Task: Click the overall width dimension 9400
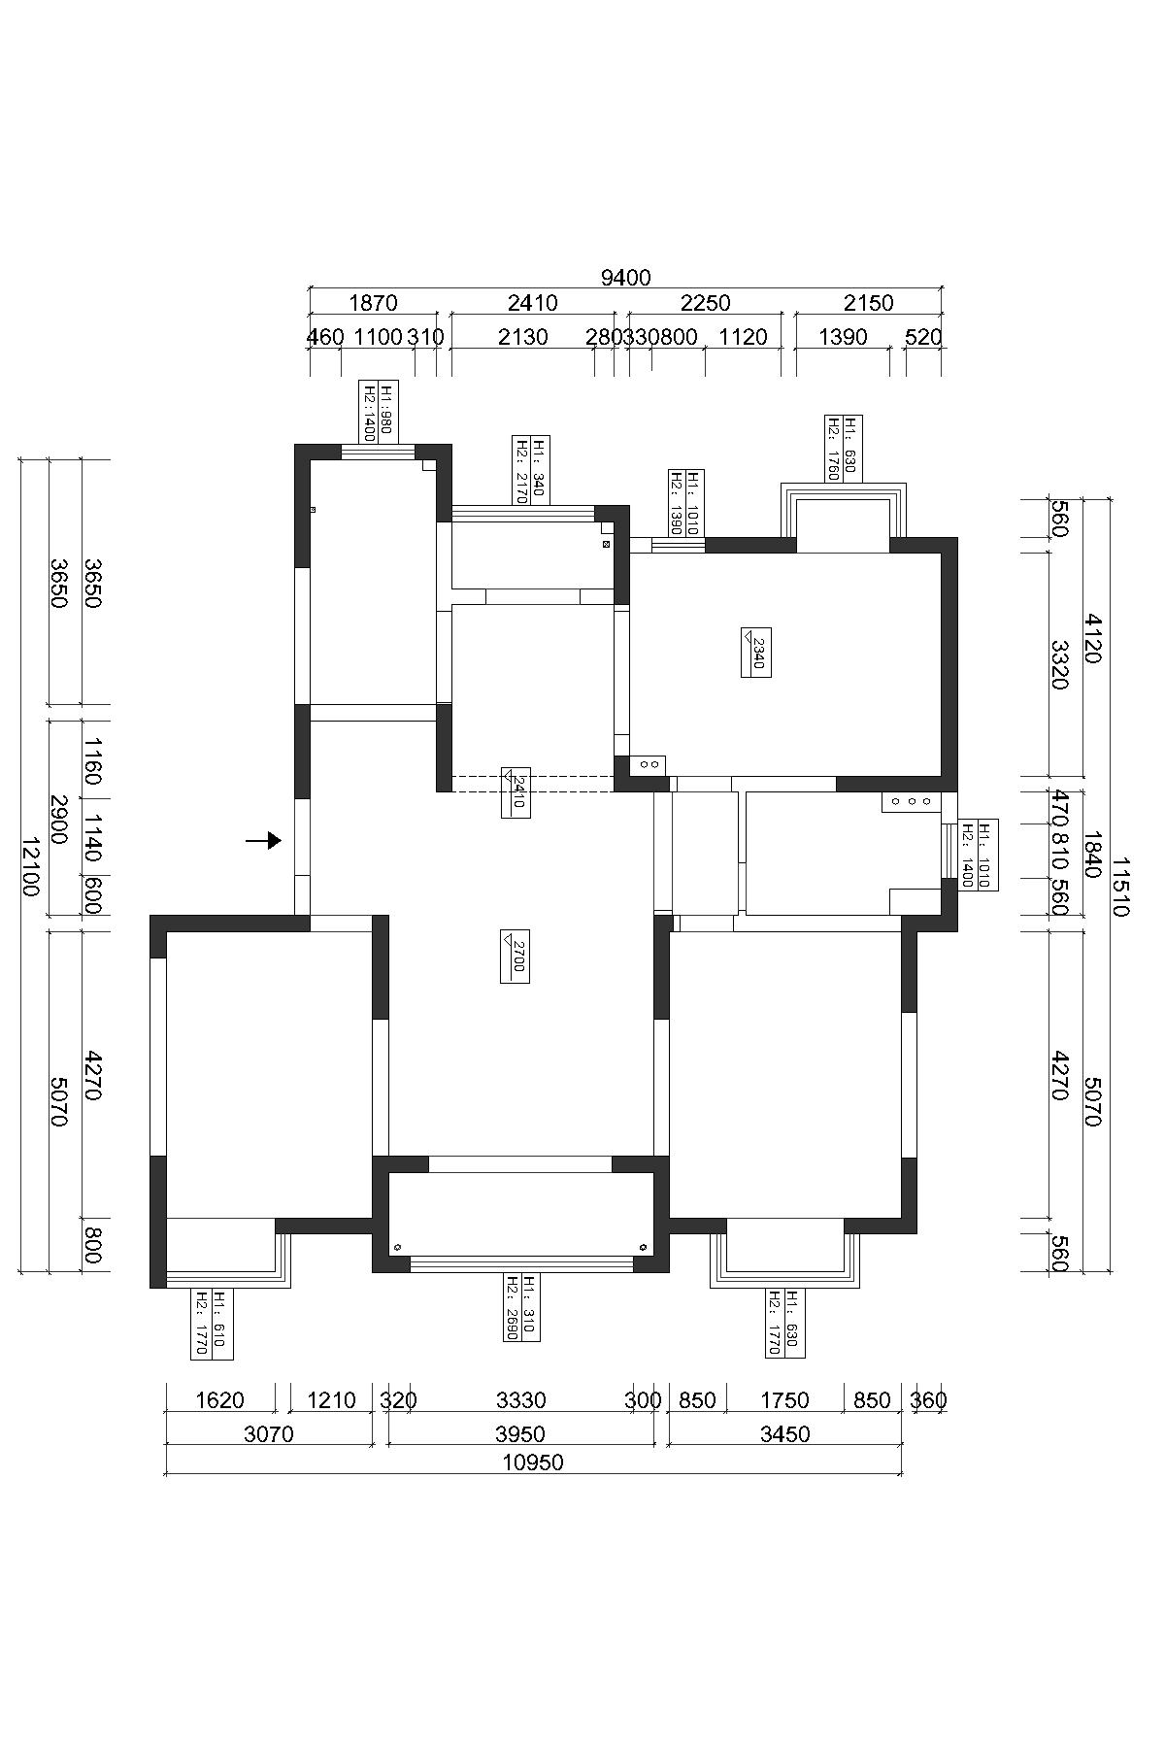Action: (625, 278)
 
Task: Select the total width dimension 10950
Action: (533, 1462)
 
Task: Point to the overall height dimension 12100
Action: (31, 865)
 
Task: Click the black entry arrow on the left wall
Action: (263, 840)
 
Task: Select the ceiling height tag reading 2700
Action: (515, 956)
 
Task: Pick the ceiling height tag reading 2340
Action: (756, 652)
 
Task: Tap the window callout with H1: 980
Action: (378, 411)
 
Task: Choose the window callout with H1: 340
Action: (531, 469)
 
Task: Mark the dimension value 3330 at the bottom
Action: (521, 1400)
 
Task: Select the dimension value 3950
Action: (520, 1433)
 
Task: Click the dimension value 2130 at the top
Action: (522, 337)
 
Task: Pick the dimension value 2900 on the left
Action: (57, 820)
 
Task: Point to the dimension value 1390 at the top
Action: (844, 337)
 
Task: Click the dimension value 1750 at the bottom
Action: (784, 1400)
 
